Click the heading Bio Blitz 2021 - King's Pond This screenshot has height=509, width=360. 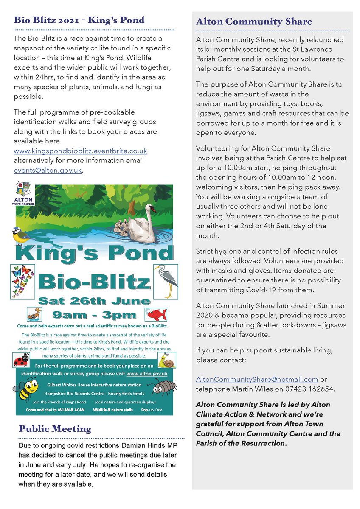79,20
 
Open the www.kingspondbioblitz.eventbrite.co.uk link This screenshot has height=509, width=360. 80,151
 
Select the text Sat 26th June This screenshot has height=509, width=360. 94,302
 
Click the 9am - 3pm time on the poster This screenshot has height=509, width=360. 94,315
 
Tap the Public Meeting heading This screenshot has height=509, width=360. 55,429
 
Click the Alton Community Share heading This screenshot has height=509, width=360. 254,22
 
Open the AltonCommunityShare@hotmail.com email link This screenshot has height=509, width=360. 257,379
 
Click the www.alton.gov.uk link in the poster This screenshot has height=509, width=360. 146,373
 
